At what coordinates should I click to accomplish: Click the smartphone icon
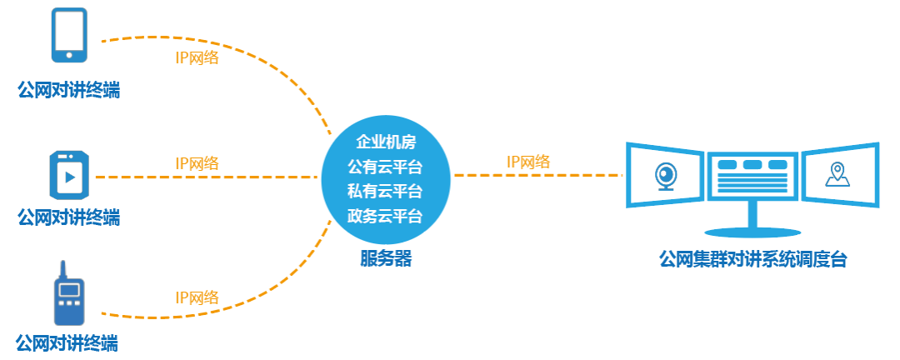click(x=70, y=35)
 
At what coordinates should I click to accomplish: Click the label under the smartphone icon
click(x=68, y=89)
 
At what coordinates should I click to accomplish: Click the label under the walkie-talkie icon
click(x=67, y=342)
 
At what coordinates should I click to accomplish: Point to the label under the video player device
click(x=68, y=217)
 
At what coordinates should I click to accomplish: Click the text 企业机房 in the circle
click(x=385, y=141)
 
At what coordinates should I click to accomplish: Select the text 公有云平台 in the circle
click(x=385, y=166)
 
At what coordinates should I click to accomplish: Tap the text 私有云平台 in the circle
click(x=385, y=191)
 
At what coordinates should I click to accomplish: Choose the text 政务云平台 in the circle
click(x=385, y=216)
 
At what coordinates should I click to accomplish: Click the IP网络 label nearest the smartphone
click(x=197, y=58)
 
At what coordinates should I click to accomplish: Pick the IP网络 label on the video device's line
click(x=197, y=163)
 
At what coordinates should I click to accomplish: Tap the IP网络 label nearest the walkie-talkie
click(x=197, y=297)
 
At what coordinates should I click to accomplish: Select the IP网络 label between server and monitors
click(x=528, y=162)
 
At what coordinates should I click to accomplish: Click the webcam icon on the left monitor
click(x=666, y=176)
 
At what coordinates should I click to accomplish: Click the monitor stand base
click(x=752, y=228)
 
